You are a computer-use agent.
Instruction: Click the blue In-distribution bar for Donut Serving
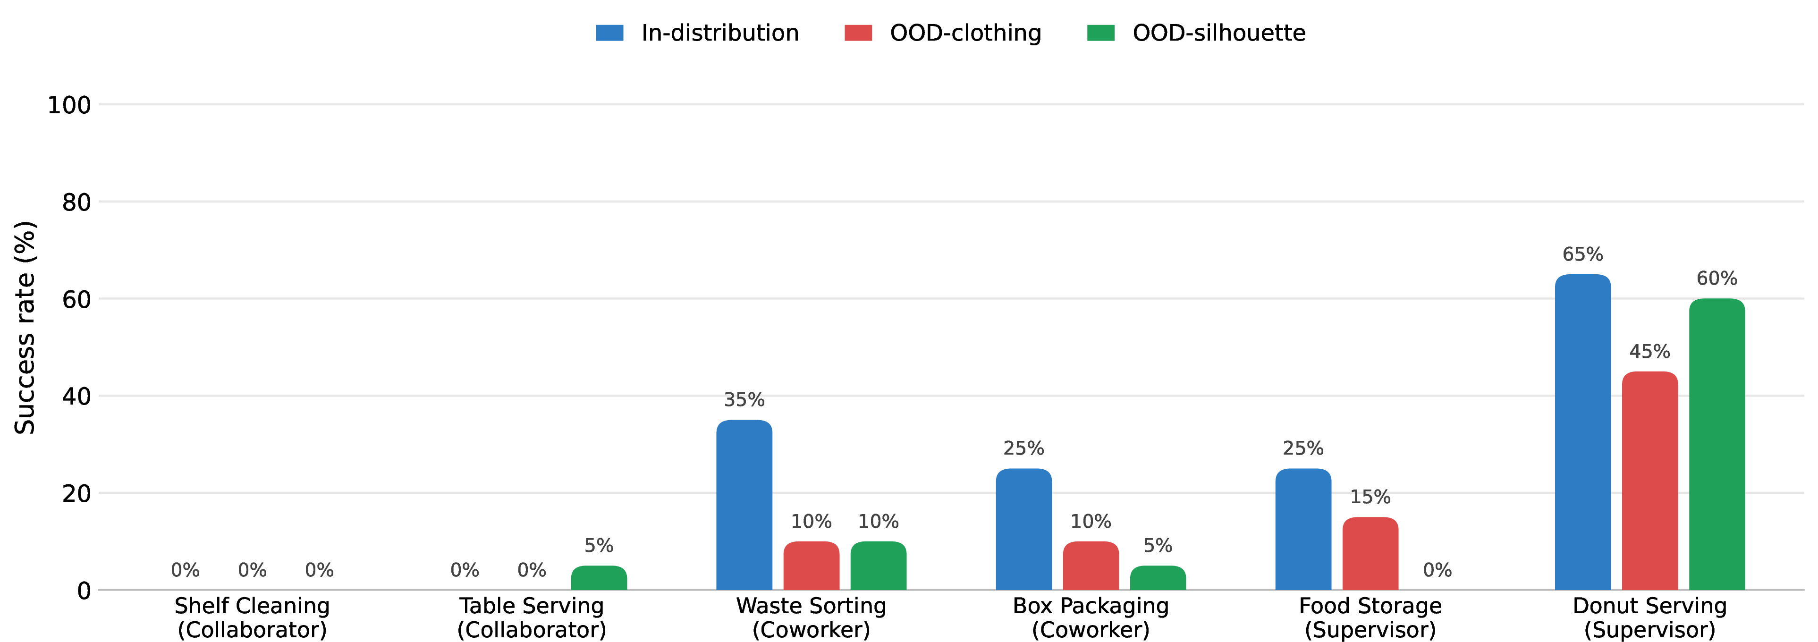click(1582, 432)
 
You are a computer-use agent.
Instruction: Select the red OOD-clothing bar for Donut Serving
click(1649, 481)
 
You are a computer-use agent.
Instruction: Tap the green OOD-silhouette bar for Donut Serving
click(1717, 444)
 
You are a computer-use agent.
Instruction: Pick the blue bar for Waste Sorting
click(744, 505)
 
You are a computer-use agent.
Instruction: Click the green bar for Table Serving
click(599, 578)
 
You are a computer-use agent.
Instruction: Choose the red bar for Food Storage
click(1370, 553)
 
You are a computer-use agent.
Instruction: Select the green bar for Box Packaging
click(1158, 578)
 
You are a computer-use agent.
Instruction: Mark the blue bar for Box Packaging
click(1023, 529)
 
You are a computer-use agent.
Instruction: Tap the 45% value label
click(1649, 351)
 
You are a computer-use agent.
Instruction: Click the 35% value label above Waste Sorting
click(744, 400)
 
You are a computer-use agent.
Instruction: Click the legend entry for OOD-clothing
click(943, 33)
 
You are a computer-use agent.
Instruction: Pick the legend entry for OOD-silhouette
click(1196, 33)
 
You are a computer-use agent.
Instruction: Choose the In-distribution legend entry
click(697, 33)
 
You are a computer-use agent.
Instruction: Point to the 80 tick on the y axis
click(76, 203)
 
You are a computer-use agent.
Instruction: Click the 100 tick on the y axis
click(69, 105)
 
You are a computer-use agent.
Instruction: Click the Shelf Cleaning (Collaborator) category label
click(252, 617)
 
